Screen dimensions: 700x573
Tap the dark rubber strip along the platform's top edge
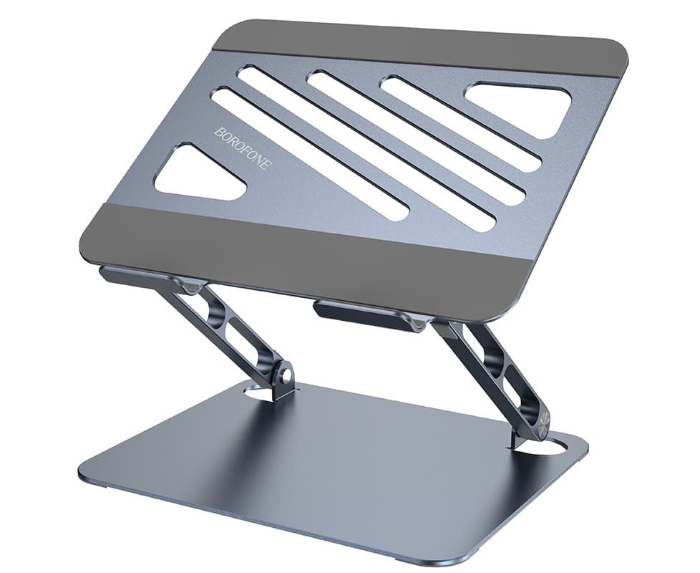419,49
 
